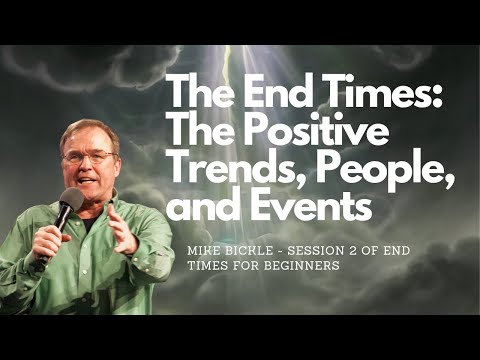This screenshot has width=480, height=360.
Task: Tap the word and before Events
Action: (200, 207)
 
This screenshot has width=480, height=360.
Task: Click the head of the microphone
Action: (69, 201)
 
